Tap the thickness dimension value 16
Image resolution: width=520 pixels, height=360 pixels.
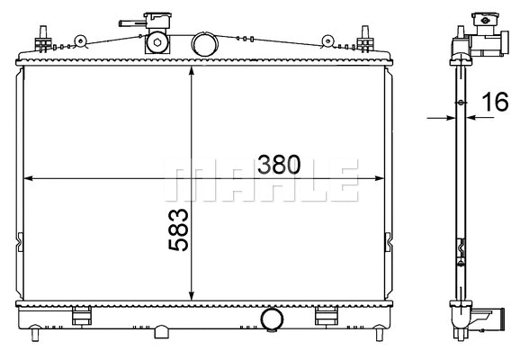coord(495,103)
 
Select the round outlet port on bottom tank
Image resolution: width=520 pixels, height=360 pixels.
coord(271,320)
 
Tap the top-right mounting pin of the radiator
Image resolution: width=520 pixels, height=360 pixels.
coord(366,40)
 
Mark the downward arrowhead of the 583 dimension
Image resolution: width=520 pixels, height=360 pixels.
coord(192,296)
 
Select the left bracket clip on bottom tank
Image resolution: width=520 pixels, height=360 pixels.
coord(83,316)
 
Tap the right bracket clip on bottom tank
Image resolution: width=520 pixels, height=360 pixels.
coord(325,316)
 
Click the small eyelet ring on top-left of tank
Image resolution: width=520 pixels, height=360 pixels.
coord(80,40)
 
